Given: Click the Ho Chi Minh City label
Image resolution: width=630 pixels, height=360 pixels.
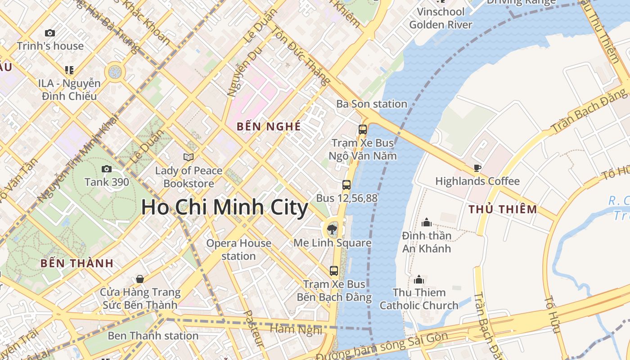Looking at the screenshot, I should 225,207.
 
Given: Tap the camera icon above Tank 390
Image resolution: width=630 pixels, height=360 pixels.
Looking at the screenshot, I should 107,169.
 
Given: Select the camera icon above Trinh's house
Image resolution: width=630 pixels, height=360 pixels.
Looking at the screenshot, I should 50,33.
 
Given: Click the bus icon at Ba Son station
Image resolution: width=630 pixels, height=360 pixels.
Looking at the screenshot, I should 363,130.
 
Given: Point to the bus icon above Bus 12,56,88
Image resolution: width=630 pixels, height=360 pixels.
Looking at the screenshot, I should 346,184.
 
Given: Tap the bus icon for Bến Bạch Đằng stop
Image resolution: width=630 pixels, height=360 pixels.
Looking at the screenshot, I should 334,270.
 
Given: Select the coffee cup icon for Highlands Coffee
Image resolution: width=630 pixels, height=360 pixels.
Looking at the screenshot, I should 477,168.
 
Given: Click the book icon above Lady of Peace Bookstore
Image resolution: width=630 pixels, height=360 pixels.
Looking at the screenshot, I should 189,157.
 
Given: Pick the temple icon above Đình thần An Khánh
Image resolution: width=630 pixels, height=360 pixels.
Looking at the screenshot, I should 427,222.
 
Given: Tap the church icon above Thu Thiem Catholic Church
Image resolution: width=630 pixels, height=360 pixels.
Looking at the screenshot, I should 419,279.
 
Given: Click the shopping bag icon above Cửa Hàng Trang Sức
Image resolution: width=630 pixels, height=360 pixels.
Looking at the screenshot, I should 140,279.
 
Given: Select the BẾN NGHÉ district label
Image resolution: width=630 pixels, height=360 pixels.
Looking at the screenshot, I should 269,126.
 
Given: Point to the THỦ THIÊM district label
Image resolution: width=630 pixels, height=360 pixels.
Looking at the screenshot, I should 503,209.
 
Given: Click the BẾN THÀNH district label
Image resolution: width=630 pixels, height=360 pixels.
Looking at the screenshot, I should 77,263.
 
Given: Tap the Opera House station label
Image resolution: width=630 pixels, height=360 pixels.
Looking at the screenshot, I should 238,250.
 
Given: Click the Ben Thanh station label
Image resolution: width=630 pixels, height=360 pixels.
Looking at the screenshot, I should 153,336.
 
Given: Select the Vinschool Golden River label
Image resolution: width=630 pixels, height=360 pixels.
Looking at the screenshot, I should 441,18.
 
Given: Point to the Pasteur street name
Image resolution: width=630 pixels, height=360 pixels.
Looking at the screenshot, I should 253,328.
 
